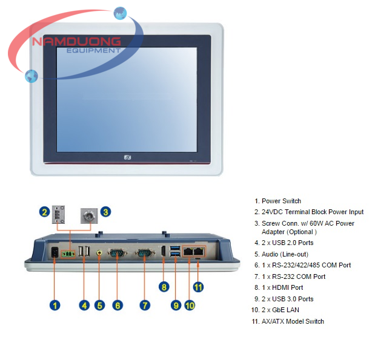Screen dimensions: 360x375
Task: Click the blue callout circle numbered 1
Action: click(x=55, y=305)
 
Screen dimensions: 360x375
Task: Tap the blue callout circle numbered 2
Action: click(x=44, y=212)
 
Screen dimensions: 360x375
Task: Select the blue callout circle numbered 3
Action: click(x=105, y=212)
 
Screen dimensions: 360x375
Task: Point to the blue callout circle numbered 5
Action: click(x=100, y=305)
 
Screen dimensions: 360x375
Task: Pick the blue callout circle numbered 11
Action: click(x=197, y=286)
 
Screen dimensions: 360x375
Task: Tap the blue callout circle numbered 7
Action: click(x=145, y=305)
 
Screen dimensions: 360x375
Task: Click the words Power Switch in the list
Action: click(x=281, y=201)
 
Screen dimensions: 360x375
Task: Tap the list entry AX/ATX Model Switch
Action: click(x=293, y=321)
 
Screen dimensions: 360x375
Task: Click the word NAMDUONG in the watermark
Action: click(x=77, y=42)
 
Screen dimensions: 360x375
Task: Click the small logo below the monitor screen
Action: click(x=128, y=157)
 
